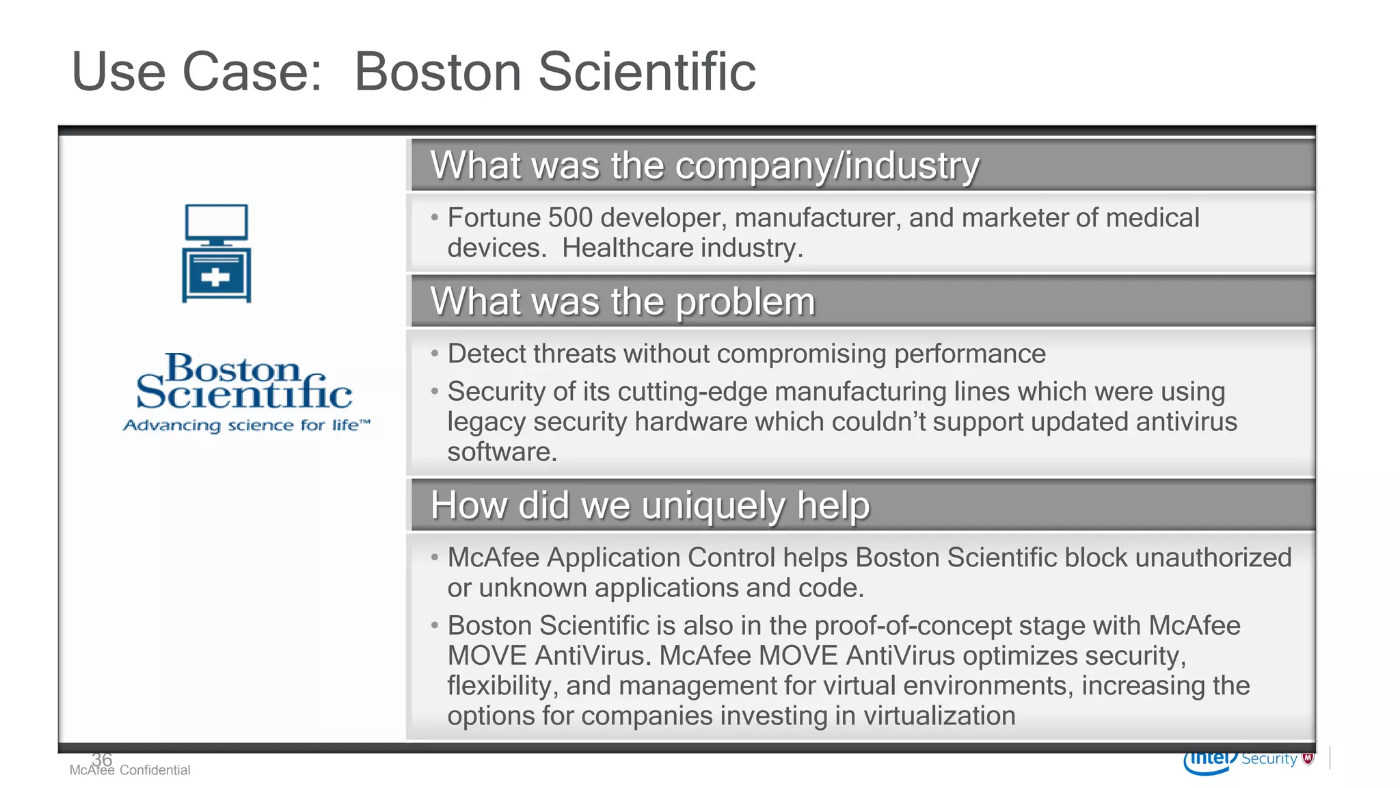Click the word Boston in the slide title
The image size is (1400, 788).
coord(437,72)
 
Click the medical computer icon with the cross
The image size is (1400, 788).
coord(216,253)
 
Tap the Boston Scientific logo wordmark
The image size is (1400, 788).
coord(244,382)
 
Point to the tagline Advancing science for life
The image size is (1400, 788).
coord(246,425)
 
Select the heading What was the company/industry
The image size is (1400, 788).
coord(704,166)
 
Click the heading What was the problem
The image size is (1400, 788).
coord(622,302)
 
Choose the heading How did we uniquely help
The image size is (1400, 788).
coord(649,505)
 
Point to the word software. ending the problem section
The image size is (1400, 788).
coord(502,452)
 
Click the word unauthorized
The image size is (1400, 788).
coord(1213,558)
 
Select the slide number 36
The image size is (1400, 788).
coord(102,759)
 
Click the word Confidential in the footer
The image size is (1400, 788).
coord(154,770)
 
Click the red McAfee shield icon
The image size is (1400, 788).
coord(1308,759)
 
